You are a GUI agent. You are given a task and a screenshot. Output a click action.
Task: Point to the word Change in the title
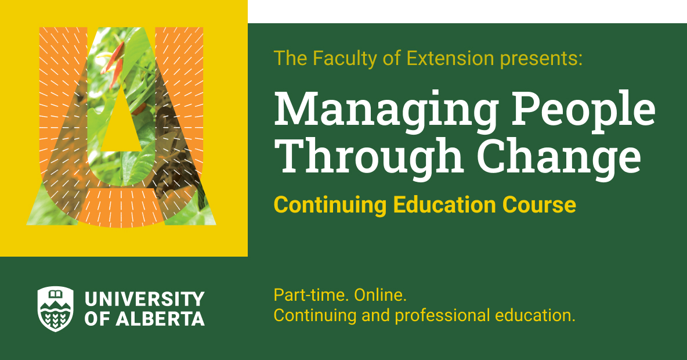(x=559, y=156)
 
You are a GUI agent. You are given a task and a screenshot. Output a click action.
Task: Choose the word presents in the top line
(x=541, y=59)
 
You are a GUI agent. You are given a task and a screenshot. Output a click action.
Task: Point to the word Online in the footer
(x=380, y=295)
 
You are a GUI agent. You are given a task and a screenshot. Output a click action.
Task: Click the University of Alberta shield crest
(x=56, y=308)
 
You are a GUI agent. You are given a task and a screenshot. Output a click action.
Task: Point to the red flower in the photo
(x=114, y=61)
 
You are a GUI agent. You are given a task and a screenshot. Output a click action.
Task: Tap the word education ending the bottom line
(x=534, y=316)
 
